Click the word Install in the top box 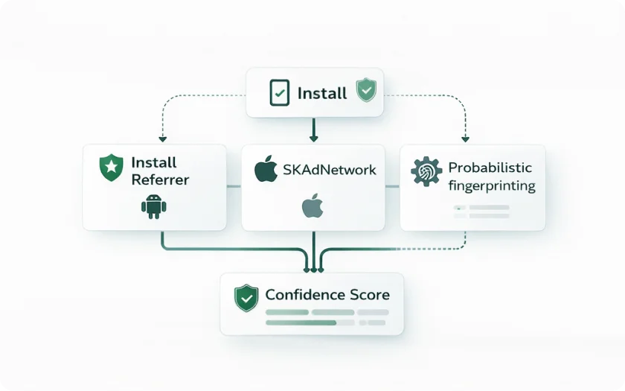click(x=322, y=93)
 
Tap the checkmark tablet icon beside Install click(x=278, y=93)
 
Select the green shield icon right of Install click(x=366, y=91)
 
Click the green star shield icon click(x=111, y=168)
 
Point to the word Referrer click(x=160, y=179)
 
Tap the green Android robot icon click(x=153, y=206)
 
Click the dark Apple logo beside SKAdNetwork click(x=266, y=169)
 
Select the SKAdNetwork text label click(x=329, y=170)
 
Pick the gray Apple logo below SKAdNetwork click(x=312, y=206)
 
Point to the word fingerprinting click(x=491, y=185)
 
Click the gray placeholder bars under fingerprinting click(x=482, y=212)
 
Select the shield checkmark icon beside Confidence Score click(x=246, y=298)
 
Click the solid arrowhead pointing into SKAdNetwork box click(x=313, y=138)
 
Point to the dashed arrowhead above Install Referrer click(x=162, y=139)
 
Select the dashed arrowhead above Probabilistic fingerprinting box click(x=466, y=139)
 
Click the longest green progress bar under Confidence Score click(x=301, y=322)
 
